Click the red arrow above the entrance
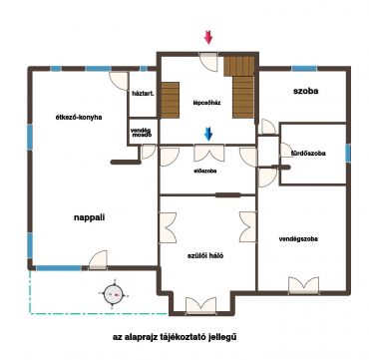(x=208, y=37)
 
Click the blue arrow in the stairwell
(x=208, y=134)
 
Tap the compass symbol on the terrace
(x=114, y=294)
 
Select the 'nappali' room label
(x=89, y=217)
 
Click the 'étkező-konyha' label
(x=79, y=117)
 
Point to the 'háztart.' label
(x=143, y=94)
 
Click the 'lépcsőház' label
(x=206, y=103)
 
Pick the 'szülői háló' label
(x=204, y=256)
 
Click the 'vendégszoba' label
(x=298, y=238)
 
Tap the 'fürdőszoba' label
(x=308, y=154)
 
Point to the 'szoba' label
(x=305, y=91)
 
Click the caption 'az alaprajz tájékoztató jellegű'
(x=175, y=337)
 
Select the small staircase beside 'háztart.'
(x=171, y=100)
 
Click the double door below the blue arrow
(x=209, y=153)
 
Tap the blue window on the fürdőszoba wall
(x=348, y=153)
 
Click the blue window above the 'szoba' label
(x=304, y=69)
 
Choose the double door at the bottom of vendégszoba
(x=303, y=285)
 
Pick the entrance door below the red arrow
(x=208, y=62)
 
